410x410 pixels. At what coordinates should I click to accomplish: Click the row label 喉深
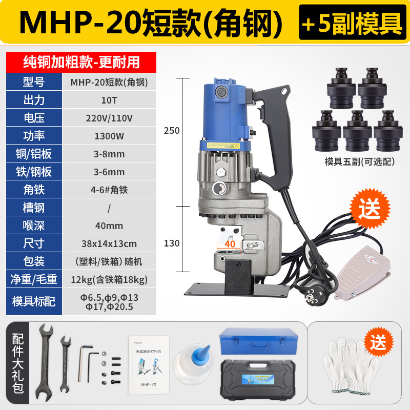pyautogui.click(x=34, y=225)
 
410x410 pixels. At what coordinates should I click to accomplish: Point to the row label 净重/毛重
pyautogui.click(x=34, y=279)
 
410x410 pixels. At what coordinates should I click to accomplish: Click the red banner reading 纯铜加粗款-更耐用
pyautogui.click(x=81, y=62)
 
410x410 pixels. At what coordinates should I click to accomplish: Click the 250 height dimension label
pyautogui.click(x=172, y=131)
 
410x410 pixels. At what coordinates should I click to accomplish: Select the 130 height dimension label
pyautogui.click(x=172, y=243)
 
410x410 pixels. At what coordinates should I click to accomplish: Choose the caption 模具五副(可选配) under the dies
pyautogui.click(x=360, y=161)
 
